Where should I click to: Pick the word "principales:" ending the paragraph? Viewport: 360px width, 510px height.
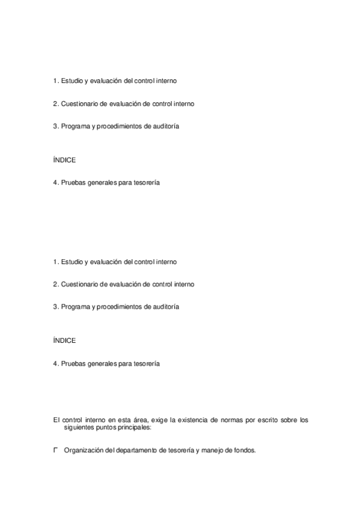[134, 428]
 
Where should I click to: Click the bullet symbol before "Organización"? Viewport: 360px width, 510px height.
[55, 450]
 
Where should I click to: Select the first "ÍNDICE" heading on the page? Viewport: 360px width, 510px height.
[64, 161]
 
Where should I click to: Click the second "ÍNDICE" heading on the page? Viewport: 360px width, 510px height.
[64, 341]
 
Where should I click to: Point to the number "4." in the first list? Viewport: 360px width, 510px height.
[55, 183]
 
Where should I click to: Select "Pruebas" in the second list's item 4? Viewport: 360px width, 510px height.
[72, 363]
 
